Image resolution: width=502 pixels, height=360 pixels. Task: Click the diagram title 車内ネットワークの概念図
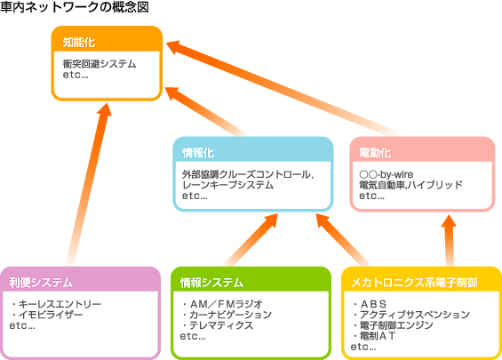pyautogui.click(x=75, y=7)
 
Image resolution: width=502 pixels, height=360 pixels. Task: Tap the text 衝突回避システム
pyautogui.click(x=100, y=64)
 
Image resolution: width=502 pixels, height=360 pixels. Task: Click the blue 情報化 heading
pyautogui.click(x=198, y=153)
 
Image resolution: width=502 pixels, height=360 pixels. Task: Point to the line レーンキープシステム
pyautogui.click(x=228, y=185)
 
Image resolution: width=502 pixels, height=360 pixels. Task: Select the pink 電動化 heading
pyautogui.click(x=375, y=153)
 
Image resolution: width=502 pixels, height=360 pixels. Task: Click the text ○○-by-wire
pyautogui.click(x=386, y=174)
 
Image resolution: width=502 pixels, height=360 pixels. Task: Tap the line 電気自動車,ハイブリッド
pyautogui.click(x=410, y=185)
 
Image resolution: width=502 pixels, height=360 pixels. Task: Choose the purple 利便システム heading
pyautogui.click(x=41, y=283)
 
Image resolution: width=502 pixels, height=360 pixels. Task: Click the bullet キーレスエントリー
pyautogui.click(x=56, y=304)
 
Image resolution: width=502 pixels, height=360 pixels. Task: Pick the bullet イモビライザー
pyautogui.click(x=47, y=315)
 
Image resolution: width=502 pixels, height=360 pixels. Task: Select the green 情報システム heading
pyautogui.click(x=211, y=283)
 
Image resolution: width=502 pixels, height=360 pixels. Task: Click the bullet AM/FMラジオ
pyautogui.click(x=222, y=304)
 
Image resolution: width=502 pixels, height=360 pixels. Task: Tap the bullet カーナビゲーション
pyautogui.click(x=227, y=315)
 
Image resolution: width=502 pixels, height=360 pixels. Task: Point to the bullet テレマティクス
pyautogui.click(x=218, y=325)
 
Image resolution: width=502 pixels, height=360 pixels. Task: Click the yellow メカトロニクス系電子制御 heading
pyautogui.click(x=414, y=283)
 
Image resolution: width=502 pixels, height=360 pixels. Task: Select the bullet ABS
pyautogui.click(x=370, y=304)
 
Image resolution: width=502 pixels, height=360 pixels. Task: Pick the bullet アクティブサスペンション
pyautogui.click(x=411, y=315)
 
